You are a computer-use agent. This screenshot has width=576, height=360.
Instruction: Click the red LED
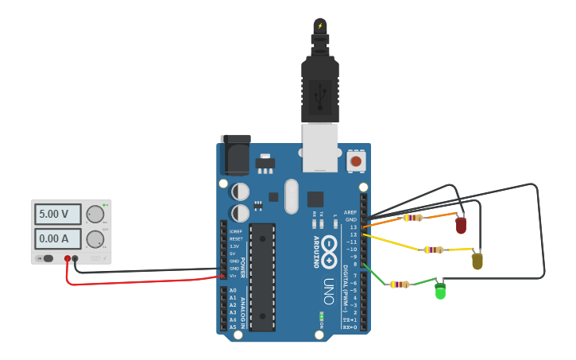[461, 226]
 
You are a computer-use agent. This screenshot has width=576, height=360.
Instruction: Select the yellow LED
[477, 260]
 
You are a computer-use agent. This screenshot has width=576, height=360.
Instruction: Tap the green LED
[440, 292]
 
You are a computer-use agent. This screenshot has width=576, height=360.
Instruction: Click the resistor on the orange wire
[412, 218]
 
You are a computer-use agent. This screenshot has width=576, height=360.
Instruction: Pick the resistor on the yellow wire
[433, 250]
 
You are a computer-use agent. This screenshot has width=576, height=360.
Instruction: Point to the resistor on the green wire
[399, 284]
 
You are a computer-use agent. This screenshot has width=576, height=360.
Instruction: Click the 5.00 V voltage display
[58, 214]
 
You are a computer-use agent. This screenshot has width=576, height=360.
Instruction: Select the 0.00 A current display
[58, 238]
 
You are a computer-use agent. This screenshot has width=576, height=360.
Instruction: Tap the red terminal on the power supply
[68, 258]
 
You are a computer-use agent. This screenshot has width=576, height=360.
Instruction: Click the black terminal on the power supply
[75, 258]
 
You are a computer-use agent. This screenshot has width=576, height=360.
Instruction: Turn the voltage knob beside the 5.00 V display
[95, 214]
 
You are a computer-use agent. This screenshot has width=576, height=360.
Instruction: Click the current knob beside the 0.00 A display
[95, 238]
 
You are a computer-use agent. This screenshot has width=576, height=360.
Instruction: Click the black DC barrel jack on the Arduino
[236, 155]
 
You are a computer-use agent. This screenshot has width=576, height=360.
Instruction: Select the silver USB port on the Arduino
[320, 147]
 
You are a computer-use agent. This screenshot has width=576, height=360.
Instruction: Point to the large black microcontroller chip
[261, 277]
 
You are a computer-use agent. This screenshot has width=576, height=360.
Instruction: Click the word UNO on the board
[328, 291]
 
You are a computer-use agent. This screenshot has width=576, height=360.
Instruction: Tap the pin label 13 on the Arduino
[353, 226]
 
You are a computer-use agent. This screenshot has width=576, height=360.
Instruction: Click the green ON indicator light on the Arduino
[321, 315]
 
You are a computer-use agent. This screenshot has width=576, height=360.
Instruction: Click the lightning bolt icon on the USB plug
[320, 25]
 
